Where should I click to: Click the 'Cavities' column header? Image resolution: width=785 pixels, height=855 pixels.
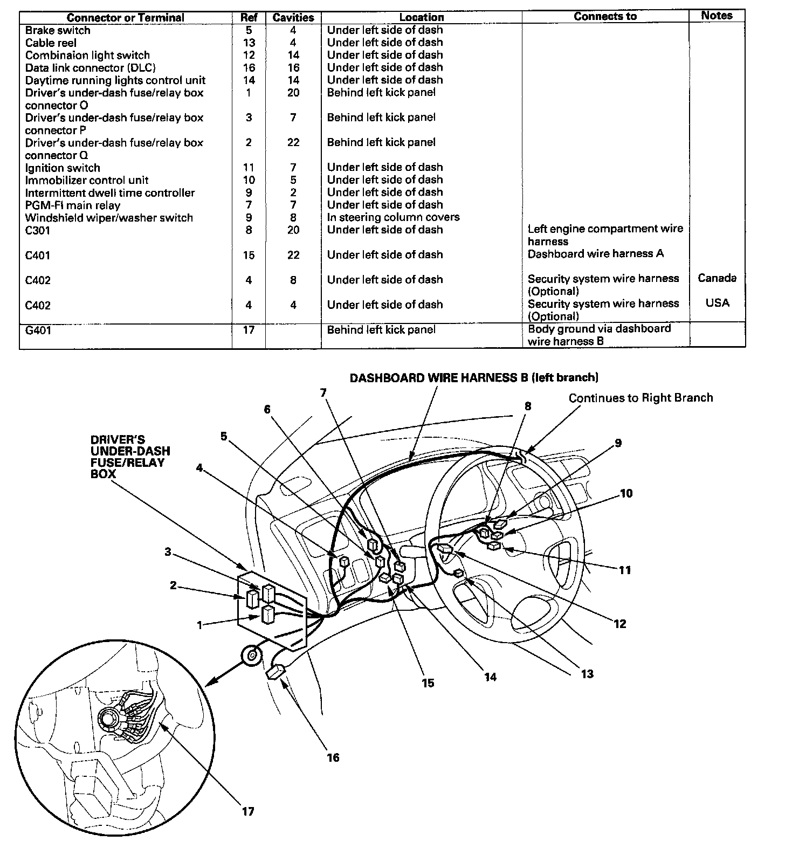(293, 17)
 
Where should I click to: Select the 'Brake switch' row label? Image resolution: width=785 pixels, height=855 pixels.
(58, 30)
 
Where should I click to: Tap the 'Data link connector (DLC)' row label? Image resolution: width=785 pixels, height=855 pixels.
(90, 68)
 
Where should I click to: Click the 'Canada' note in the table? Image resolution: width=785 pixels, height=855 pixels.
(717, 278)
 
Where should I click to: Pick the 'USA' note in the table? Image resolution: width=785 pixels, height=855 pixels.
(717, 303)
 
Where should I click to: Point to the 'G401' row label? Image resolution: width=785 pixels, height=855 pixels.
(38, 330)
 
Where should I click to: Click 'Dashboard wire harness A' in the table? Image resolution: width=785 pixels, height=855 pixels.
(595, 254)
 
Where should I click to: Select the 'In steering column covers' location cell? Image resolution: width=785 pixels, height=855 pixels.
(393, 217)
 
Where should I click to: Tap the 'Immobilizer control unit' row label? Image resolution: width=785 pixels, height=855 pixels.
(86, 180)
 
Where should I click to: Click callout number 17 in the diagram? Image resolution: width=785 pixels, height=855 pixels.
(247, 811)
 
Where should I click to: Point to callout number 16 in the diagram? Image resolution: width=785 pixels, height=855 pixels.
(333, 757)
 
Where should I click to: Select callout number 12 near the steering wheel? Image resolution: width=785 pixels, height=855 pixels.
(620, 624)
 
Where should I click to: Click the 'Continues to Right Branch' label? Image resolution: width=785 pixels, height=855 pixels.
(641, 398)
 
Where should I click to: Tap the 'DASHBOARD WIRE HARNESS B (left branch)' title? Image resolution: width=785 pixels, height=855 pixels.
(474, 378)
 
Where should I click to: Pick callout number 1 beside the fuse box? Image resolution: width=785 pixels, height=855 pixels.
(199, 625)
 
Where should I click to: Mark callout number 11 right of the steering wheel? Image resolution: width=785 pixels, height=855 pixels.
(624, 570)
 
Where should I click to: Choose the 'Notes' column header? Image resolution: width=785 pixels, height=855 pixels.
(717, 16)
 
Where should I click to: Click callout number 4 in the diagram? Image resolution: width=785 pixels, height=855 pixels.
(199, 468)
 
